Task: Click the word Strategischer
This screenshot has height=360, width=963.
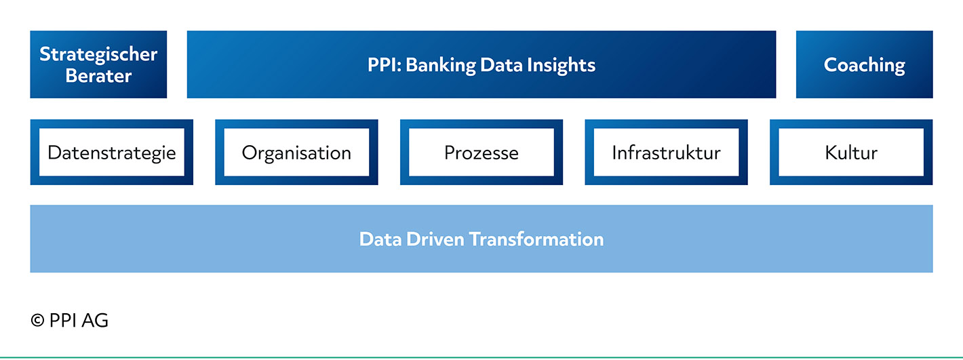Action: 98,54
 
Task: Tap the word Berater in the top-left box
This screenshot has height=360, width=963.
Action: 98,76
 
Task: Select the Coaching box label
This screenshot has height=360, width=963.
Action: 864,66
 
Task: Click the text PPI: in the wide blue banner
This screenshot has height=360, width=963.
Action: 384,65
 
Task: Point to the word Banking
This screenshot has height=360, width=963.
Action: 441,66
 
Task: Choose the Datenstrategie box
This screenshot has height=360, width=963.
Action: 112,152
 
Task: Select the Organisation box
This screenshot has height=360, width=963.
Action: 296,152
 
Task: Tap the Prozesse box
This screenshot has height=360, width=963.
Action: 481,152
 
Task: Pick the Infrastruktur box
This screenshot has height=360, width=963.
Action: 667,152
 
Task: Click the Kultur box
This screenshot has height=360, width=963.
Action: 851,152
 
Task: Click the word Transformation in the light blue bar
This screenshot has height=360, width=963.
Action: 536,239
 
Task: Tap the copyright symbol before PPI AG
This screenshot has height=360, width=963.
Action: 37,321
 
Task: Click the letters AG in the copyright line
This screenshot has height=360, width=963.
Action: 95,321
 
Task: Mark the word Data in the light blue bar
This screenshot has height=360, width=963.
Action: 380,239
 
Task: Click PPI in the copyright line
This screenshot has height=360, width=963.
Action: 64,321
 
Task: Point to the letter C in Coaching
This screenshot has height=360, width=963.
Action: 831,65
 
